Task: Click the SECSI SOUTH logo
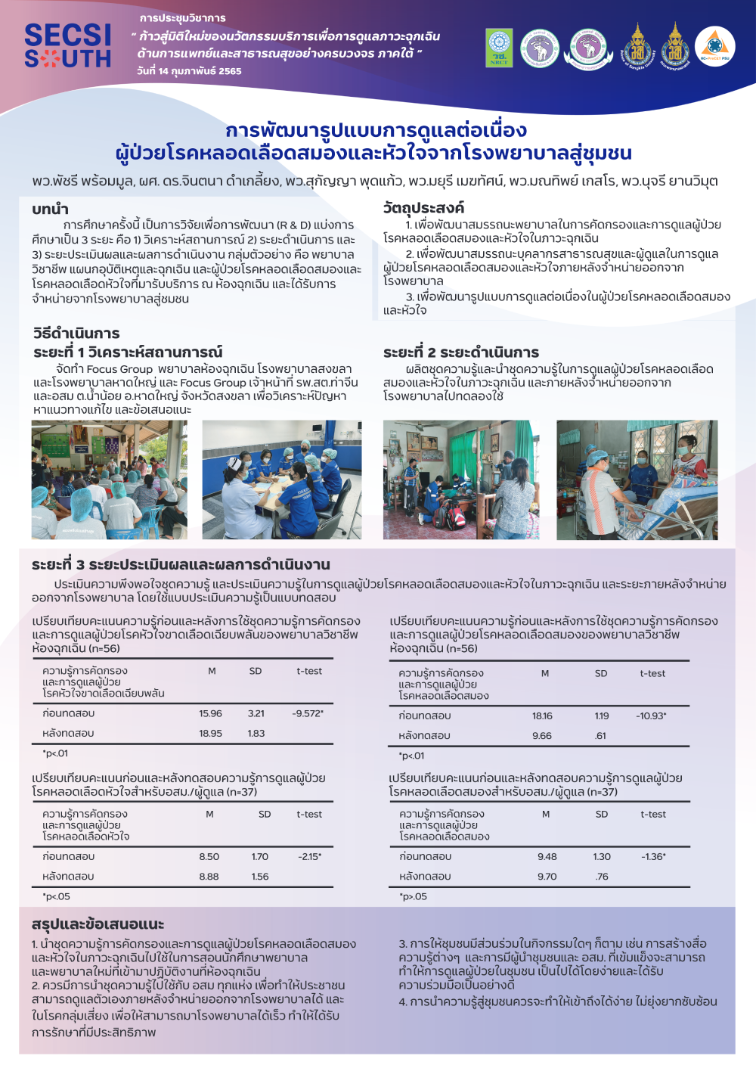pyautogui.click(x=67, y=46)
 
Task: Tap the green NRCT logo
pyautogui.click(x=499, y=48)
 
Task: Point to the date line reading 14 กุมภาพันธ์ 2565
pyautogui.click(x=189, y=71)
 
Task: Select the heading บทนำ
pyautogui.click(x=50, y=209)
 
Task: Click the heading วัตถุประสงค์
pyautogui.click(x=423, y=207)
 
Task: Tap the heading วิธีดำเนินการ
pyautogui.click(x=76, y=333)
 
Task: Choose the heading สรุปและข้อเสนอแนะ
pyautogui.click(x=98, y=924)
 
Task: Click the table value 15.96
pyautogui.click(x=210, y=713)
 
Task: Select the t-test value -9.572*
pyautogui.click(x=308, y=713)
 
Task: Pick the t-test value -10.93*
pyautogui.click(x=651, y=716)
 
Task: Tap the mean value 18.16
pyautogui.click(x=542, y=716)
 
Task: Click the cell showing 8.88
pyautogui.click(x=209, y=877)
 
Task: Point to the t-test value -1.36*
pyautogui.click(x=653, y=857)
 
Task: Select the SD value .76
pyautogui.click(x=601, y=877)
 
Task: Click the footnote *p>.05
pyautogui.click(x=413, y=896)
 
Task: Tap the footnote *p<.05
pyautogui.click(x=56, y=896)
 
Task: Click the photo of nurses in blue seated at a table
pyautogui.click(x=282, y=480)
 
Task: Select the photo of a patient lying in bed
pyautogui.click(x=637, y=480)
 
